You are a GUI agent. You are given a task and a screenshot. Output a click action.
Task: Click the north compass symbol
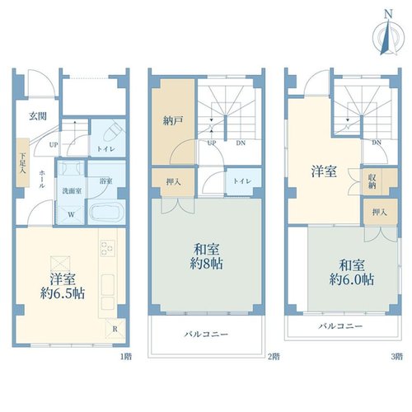coord(388,35)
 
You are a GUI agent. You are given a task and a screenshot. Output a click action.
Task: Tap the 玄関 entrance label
coord(38,116)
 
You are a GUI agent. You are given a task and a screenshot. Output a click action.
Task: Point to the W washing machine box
coord(71,215)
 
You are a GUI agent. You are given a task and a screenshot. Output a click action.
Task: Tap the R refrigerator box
coord(115,329)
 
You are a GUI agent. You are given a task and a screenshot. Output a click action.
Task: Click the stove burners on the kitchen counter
coord(108,248)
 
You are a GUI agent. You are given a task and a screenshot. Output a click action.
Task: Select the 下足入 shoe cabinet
coord(23,162)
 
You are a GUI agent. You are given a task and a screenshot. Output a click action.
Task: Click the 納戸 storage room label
coord(173,121)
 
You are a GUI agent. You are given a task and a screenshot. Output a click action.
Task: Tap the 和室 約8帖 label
coord(206,256)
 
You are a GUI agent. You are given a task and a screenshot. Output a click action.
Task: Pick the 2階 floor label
coord(274,357)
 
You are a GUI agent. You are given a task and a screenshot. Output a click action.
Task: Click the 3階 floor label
coord(397,357)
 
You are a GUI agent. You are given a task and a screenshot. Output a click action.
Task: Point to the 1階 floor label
coord(126,357)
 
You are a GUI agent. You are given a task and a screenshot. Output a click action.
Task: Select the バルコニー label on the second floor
coord(206,335)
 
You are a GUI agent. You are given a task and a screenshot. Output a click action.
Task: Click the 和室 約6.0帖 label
coord(352,272)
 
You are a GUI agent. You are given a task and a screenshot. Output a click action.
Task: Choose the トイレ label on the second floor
coord(242,181)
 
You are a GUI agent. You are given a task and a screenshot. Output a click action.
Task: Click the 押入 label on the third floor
coord(380,212)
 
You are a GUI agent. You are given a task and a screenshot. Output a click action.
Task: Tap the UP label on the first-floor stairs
coord(54,144)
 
